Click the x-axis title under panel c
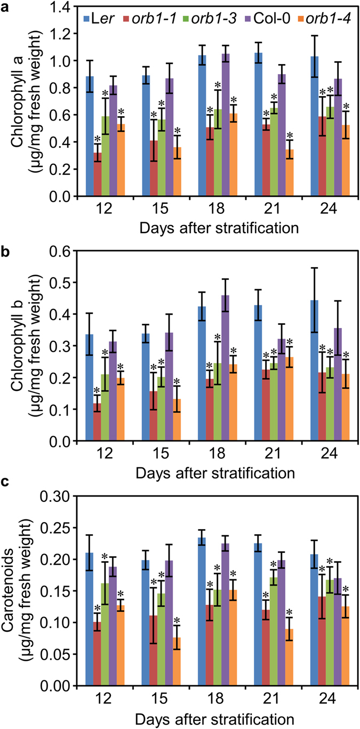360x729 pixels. (217, 717)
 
